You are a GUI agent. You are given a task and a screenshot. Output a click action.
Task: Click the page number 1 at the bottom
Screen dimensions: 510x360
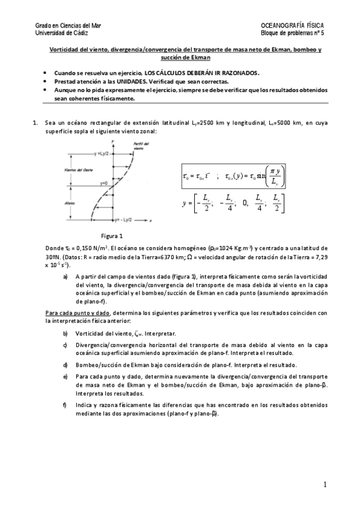point(325,484)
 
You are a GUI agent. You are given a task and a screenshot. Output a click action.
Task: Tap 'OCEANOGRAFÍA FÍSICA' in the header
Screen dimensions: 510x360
point(292,26)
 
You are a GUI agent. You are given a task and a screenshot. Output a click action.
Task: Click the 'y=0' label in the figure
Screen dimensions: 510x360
point(104,182)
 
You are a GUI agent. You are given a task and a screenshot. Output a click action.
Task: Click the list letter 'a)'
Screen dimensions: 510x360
point(66,277)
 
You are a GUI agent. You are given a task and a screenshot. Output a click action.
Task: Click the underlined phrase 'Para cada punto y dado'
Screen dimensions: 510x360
point(78,313)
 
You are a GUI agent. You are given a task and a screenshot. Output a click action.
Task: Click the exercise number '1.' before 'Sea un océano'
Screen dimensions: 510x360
point(35,122)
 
